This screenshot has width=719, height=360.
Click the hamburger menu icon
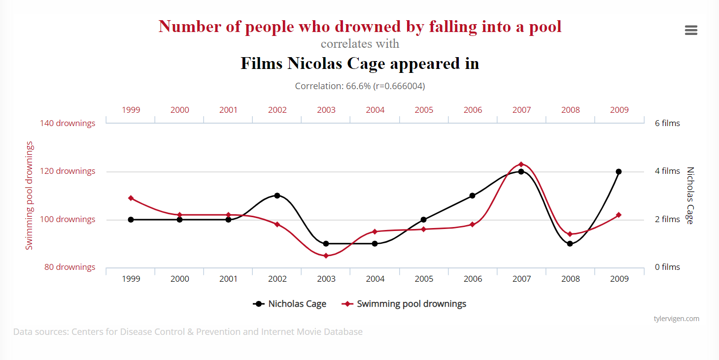point(691,31)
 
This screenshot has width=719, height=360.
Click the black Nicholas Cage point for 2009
point(618,172)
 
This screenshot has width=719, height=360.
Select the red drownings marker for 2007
point(521,164)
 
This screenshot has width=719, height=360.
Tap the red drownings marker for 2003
point(326,256)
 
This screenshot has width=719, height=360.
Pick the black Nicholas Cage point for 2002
point(277,196)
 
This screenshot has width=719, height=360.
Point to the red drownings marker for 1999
point(131,198)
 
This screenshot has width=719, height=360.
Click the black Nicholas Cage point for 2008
point(570,244)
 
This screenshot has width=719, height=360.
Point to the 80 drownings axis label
point(69,267)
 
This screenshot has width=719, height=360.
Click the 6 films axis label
point(667,123)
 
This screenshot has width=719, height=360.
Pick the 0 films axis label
point(667,267)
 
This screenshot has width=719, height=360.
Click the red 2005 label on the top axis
point(424,110)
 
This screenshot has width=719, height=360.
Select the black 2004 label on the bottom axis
point(375,279)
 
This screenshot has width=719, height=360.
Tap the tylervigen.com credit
point(676,319)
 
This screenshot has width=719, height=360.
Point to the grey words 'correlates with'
point(360,44)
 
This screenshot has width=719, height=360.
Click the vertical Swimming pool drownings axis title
point(30,196)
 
